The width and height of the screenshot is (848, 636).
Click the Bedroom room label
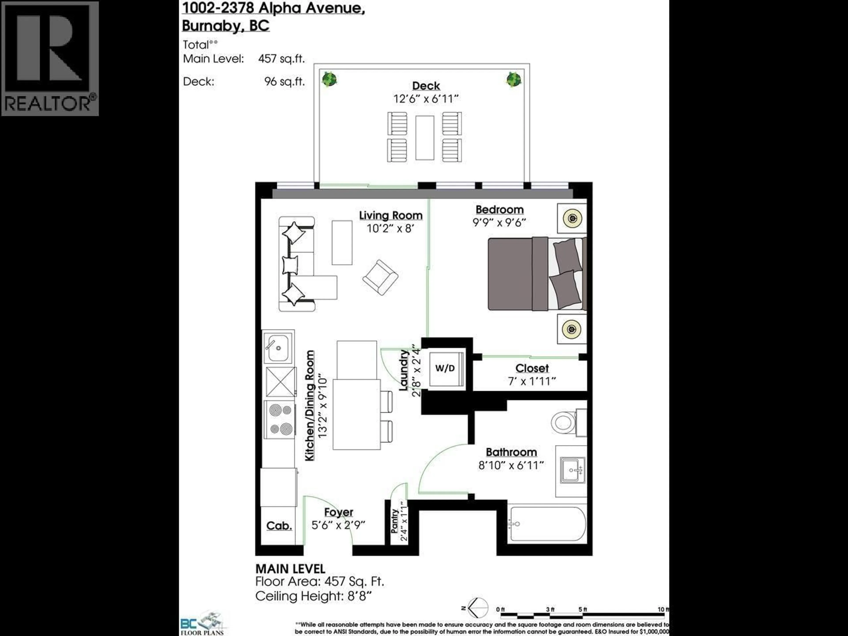tap(500, 210)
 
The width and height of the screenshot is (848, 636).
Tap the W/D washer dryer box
tap(445, 368)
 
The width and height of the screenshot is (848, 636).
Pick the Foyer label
tap(339, 512)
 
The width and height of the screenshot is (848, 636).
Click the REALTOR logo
tap(50, 58)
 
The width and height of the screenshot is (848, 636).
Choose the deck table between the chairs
tap(425, 138)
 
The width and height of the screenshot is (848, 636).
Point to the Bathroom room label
tap(511, 452)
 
